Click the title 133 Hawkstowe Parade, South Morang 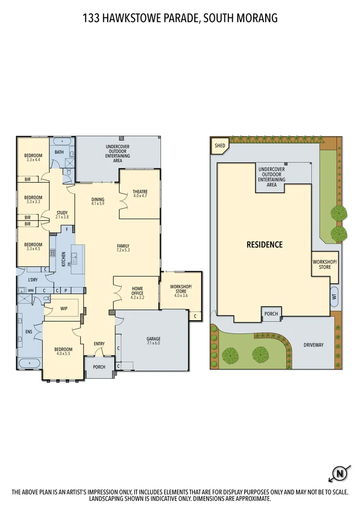pyautogui.click(x=180, y=18)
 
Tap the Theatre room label pyautogui.click(x=140, y=194)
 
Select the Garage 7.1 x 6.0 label pyautogui.click(x=153, y=341)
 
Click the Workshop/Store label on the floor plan pyautogui.click(x=181, y=291)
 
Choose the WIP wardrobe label pyautogui.click(x=63, y=309)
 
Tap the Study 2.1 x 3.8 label pyautogui.click(x=62, y=215)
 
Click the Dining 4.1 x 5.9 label pyautogui.click(x=98, y=202)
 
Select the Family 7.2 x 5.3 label pyautogui.click(x=123, y=248)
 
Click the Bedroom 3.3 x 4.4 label pyautogui.click(x=33, y=158)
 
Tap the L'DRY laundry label pyautogui.click(x=33, y=279)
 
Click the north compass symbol pyautogui.click(x=340, y=473)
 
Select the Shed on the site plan pyautogui.click(x=220, y=145)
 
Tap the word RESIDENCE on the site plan pyautogui.click(x=264, y=244)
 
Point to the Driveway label pyautogui.click(x=313, y=345)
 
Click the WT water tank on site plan pyautogui.click(x=335, y=296)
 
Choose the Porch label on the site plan pyautogui.click(x=271, y=314)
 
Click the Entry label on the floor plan pyautogui.click(x=99, y=344)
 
